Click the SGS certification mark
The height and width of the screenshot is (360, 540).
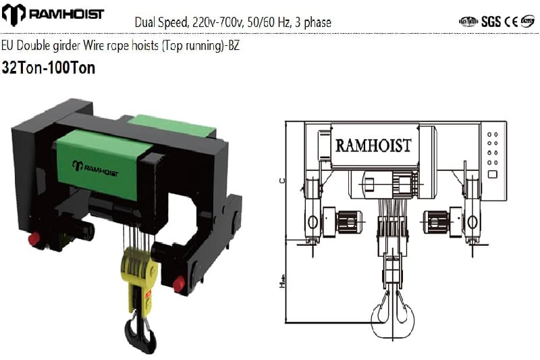(491, 21)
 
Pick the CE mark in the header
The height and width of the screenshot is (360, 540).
(511, 21)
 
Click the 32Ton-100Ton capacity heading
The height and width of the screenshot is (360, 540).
(49, 68)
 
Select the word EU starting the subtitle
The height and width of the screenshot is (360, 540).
(8, 47)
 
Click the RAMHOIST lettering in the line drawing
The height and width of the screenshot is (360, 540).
(373, 146)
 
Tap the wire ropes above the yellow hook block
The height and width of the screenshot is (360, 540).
(132, 229)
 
